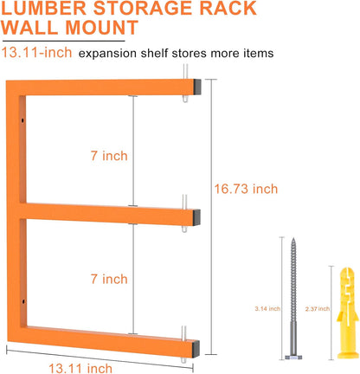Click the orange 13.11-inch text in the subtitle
point(35,54)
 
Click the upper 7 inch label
point(109,156)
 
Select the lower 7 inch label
point(109,279)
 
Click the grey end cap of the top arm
point(198,87)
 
